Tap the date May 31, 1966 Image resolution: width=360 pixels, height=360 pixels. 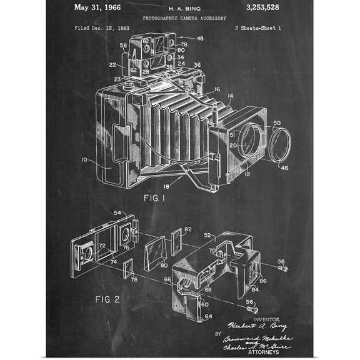coord(97,8)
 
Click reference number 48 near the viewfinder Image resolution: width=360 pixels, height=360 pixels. coord(199,39)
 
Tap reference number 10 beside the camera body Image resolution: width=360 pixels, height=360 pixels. coord(84,160)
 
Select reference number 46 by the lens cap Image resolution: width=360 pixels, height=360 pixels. coord(284,168)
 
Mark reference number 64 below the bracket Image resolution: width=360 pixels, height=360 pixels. coord(207,317)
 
